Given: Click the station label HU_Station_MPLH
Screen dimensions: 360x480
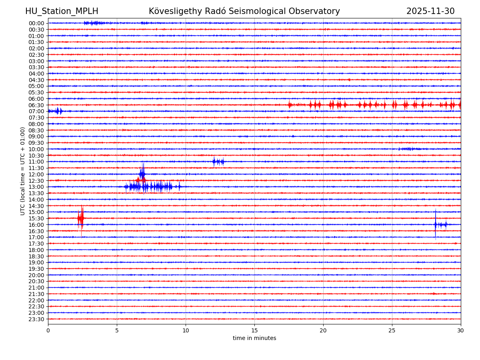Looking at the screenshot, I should [x=62, y=11].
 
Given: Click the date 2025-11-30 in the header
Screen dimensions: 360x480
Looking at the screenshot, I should [x=430, y=11].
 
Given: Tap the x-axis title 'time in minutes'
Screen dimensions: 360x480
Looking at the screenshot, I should [x=254, y=338].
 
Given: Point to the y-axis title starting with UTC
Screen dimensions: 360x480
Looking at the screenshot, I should [x=23, y=171].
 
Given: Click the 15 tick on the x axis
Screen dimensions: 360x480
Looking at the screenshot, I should [x=254, y=330].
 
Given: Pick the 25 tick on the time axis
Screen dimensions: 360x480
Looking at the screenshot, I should [x=392, y=330].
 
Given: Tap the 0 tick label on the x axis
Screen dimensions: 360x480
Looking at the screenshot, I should [x=48, y=330].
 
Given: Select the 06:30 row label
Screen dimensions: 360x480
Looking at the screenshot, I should [x=36, y=105].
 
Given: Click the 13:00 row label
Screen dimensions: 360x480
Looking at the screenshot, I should [x=36, y=187].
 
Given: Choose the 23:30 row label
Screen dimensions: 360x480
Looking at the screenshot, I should [x=36, y=319].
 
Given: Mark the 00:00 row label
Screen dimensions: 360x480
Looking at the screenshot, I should [x=36, y=23].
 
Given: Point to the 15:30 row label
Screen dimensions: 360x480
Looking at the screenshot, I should [x=36, y=218].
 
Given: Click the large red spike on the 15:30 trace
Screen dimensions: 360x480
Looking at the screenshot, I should [x=81, y=218].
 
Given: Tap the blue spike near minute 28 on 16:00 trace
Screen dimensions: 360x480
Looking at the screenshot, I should [x=435, y=224].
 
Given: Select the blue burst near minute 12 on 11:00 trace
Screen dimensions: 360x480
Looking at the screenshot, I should [x=218, y=162].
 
